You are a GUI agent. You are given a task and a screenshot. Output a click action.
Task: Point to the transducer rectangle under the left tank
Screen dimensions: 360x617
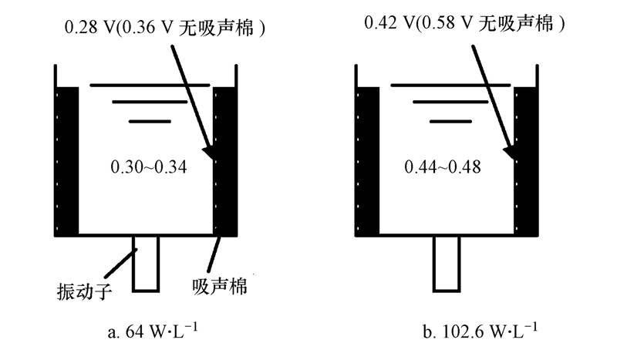click(x=146, y=263)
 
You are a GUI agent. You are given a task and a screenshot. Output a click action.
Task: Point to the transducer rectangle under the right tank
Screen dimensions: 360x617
click(x=446, y=263)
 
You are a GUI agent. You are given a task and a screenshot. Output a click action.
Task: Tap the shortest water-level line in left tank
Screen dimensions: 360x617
click(x=149, y=121)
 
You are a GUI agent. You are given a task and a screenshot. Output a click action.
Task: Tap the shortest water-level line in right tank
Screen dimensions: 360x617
click(x=449, y=121)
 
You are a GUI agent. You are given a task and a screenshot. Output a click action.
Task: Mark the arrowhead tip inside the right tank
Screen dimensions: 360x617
click(x=511, y=157)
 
